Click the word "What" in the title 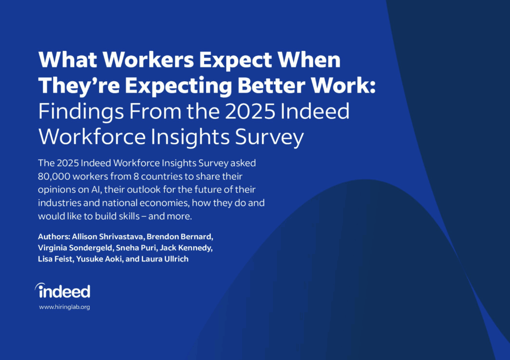click(x=68, y=60)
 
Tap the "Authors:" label click(x=54, y=237)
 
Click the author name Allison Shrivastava click(x=108, y=237)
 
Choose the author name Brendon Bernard click(x=180, y=237)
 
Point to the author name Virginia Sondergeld click(x=76, y=248)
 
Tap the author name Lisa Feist click(x=55, y=259)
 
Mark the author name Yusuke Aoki click(x=99, y=259)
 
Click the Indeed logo click(x=63, y=291)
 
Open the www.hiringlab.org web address click(x=64, y=307)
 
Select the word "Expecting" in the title click(x=178, y=86)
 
